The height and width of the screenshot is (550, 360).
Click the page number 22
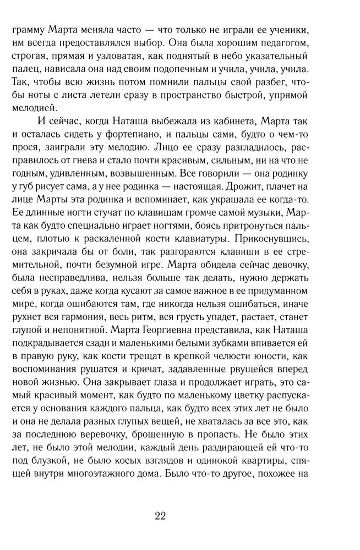(x=161, y=515)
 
